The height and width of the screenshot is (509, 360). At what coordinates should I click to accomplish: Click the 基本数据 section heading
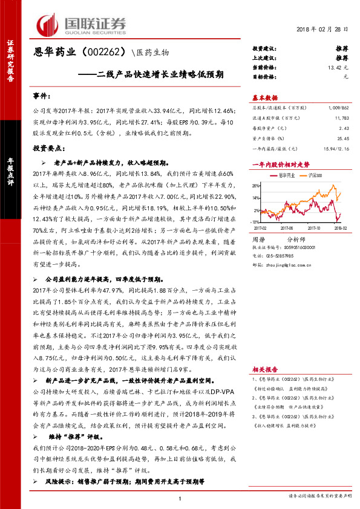coord(266,98)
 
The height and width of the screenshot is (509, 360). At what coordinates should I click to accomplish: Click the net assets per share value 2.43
coord(344,128)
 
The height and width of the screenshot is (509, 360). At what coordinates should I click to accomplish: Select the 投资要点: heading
coord(48,148)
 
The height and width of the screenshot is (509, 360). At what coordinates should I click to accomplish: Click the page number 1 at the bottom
coord(180,498)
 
